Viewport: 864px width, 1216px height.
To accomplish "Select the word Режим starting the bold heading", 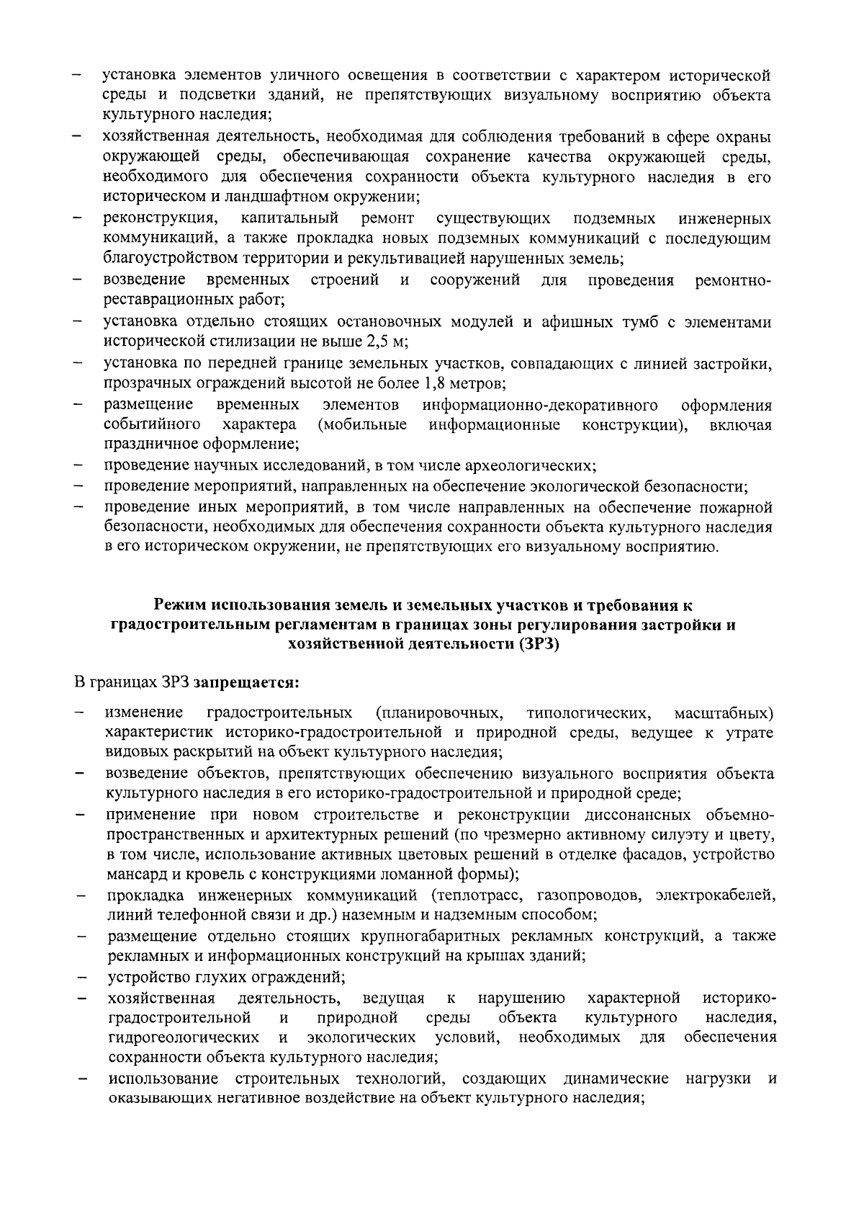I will tap(181, 604).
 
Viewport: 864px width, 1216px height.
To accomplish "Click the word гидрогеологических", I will tap(184, 1038).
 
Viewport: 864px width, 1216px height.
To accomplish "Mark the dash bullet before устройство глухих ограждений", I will tap(82, 978).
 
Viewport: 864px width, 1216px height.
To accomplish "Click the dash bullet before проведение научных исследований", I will tap(78, 465).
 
